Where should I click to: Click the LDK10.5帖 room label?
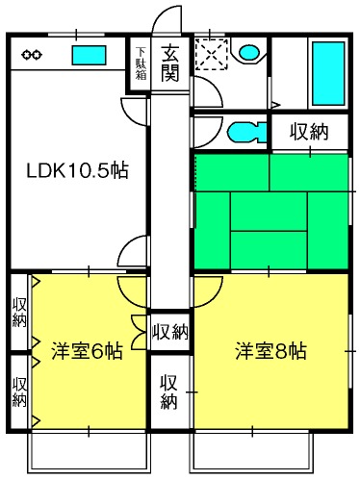(77, 170)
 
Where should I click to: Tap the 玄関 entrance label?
(169, 63)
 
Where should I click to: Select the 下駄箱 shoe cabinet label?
(141, 63)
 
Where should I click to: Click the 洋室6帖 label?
(87, 351)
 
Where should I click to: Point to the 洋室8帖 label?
(270, 351)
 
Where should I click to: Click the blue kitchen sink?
(89, 55)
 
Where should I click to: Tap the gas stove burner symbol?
(32, 55)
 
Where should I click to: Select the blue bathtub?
(328, 73)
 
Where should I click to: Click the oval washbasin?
(249, 52)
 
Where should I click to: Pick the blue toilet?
(247, 133)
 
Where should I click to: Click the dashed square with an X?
(212, 54)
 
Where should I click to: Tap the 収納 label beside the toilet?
(309, 132)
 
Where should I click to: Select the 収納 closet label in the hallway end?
(170, 332)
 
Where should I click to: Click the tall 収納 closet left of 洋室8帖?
(169, 392)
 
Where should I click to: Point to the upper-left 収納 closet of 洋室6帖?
(19, 312)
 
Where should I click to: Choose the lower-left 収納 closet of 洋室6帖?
(19, 392)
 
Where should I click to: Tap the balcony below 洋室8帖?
(252, 452)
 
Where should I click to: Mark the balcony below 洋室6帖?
(89, 452)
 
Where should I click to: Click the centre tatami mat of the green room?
(269, 211)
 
